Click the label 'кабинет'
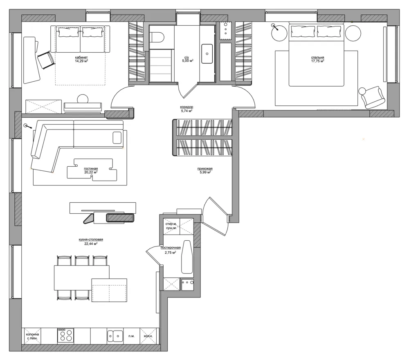pyautogui.click(x=81, y=57)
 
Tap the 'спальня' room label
pyautogui.click(x=317, y=57)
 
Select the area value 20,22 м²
pyautogui.click(x=91, y=172)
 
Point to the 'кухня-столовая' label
pyautogui.click(x=91, y=239)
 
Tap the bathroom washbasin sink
pyautogui.click(x=207, y=54)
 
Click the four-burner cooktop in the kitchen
pyautogui.click(x=65, y=335)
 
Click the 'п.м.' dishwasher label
pyautogui.click(x=131, y=336)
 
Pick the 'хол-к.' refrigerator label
pyautogui.click(x=148, y=336)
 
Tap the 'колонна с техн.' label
pyautogui.click(x=32, y=336)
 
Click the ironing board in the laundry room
pyautogui.click(x=187, y=257)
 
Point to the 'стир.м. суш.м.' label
pyautogui.click(x=171, y=226)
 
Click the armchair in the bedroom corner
pyautogui.click(x=372, y=97)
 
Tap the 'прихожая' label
pyautogui.click(x=205, y=169)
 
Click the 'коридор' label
pyautogui.click(x=187, y=107)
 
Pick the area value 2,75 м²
pyautogui.click(x=170, y=253)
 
